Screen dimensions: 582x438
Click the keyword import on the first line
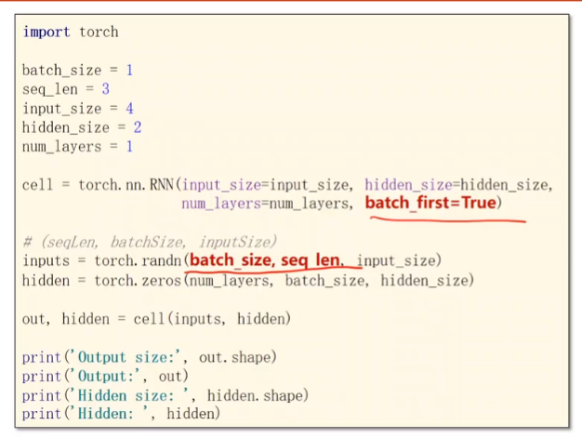point(46,32)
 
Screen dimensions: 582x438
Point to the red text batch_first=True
point(433,203)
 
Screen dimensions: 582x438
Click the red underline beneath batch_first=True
point(446,219)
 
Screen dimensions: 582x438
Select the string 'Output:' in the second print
point(100,376)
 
